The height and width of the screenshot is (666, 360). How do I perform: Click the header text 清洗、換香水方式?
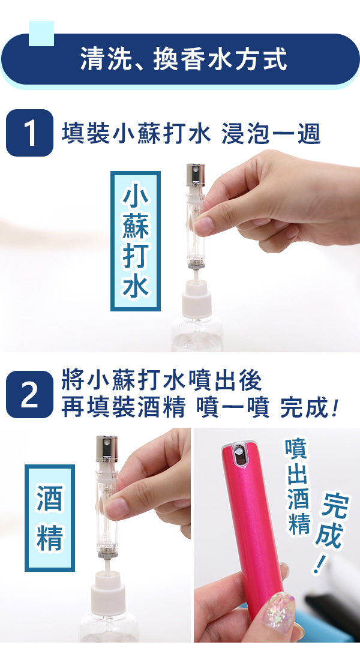pyautogui.click(x=184, y=59)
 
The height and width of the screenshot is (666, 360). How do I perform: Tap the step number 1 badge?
pyautogui.click(x=29, y=133)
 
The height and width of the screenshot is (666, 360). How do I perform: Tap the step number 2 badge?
pyautogui.click(x=29, y=394)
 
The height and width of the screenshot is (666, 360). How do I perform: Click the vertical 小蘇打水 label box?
pyautogui.click(x=136, y=241)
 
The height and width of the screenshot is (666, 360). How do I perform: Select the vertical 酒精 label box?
pyautogui.click(x=50, y=518)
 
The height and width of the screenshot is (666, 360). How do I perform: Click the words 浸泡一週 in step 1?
pyautogui.click(x=271, y=133)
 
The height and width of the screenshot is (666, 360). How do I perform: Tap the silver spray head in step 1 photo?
pyautogui.click(x=195, y=175)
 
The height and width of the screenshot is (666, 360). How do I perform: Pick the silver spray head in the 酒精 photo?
pyautogui.click(x=107, y=449)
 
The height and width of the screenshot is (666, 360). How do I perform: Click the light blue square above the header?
pyautogui.click(x=41, y=33)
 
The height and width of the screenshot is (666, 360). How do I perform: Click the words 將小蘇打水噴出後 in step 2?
pyautogui.click(x=162, y=380)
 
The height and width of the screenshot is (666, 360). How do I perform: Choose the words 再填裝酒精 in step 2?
pyautogui.click(x=124, y=408)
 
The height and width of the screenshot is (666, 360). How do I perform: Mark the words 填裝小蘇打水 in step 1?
pyautogui.click(x=136, y=133)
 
